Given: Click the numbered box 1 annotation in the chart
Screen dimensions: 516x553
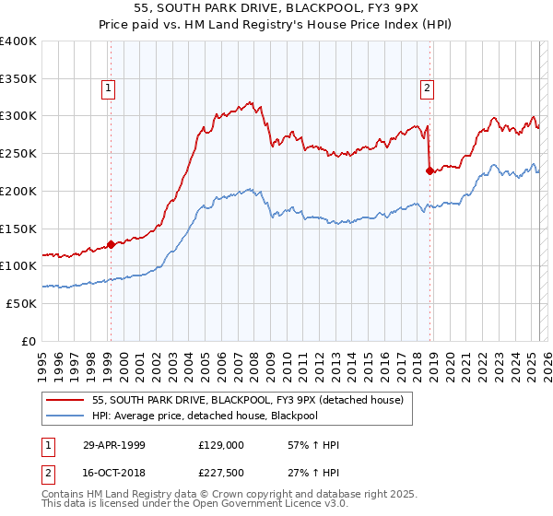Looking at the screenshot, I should pos(109,88).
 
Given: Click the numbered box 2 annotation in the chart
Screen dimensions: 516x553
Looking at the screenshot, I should pos(428,88).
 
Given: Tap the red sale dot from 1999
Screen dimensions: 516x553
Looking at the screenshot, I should pos(111,244).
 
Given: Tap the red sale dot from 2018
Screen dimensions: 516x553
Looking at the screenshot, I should pos(429,170).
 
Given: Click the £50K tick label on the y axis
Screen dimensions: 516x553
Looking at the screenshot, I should pos(21,303).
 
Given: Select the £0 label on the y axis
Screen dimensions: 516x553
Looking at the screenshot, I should pos(29,341).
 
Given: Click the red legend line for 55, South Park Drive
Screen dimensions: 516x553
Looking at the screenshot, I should pos(65,400).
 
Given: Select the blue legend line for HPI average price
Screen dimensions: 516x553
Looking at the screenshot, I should pos(65,416).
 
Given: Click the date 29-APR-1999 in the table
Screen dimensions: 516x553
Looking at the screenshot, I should pos(114,445).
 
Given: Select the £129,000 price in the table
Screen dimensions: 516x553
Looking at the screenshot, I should pos(221,445).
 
